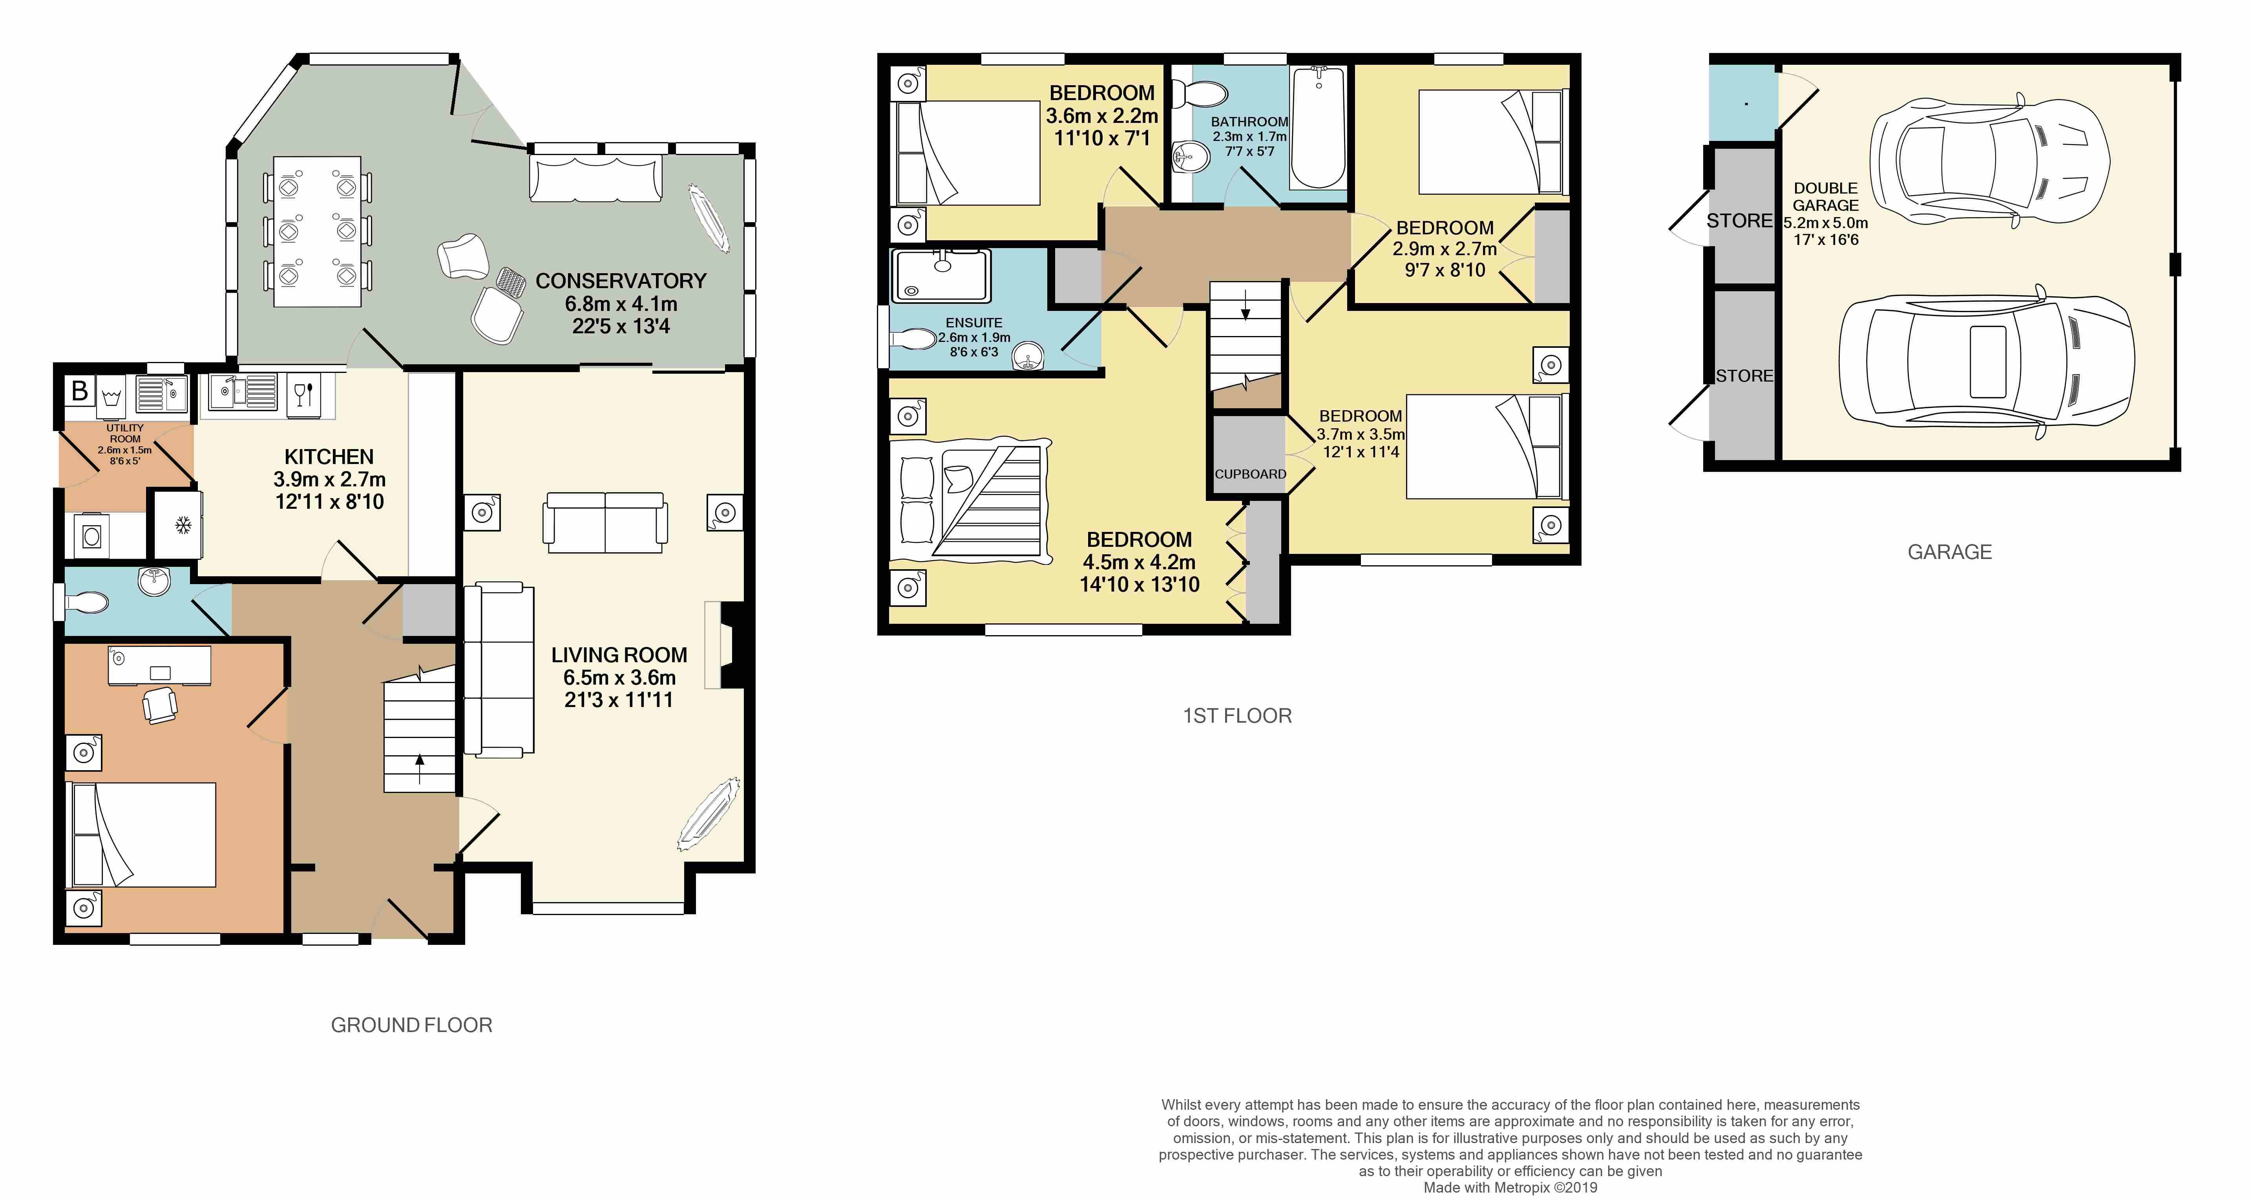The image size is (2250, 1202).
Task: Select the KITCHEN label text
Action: [329, 457]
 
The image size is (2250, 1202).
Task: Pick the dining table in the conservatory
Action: [317, 232]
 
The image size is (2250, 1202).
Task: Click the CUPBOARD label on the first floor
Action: [1250, 474]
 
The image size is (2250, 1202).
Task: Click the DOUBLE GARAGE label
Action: [1826, 197]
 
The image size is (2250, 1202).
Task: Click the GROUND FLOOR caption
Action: [411, 1025]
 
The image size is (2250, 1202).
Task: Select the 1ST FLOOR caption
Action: [1237, 716]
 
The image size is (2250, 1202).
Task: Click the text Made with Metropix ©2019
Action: [1510, 1188]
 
